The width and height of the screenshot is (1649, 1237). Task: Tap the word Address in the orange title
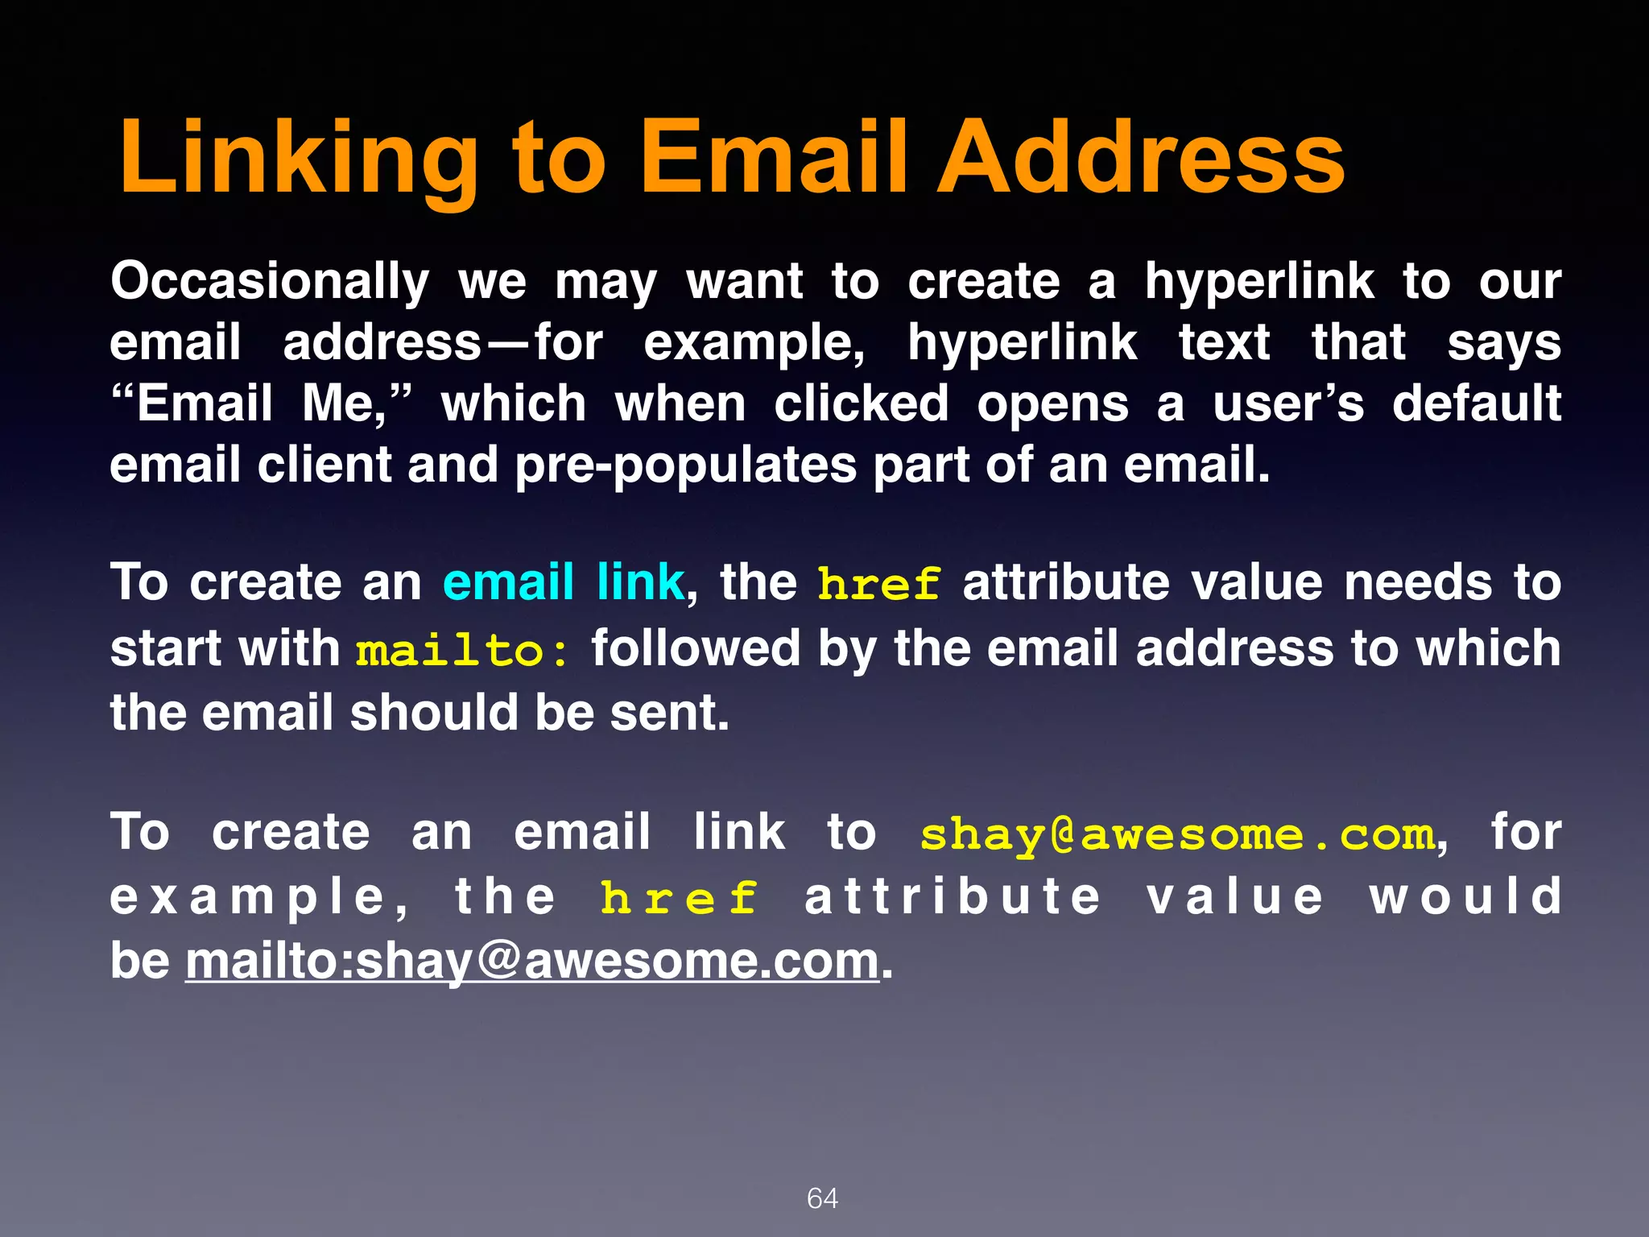[x=1141, y=158]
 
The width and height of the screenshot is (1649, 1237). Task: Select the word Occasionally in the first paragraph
[x=270, y=283]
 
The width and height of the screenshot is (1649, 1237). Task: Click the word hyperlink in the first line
[x=1259, y=283]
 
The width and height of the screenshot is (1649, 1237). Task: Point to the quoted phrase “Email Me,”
[x=262, y=403]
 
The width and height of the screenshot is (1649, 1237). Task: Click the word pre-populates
[x=685, y=466]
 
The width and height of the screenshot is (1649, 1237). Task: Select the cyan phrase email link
[x=563, y=582]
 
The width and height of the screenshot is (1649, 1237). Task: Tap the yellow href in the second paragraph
[x=878, y=584]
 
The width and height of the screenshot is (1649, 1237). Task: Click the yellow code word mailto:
[x=463, y=651]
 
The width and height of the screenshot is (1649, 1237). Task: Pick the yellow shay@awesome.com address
[x=1178, y=835]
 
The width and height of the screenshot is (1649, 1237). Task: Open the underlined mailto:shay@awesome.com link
[x=532, y=962]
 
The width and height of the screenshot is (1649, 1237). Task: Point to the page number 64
[x=822, y=1198]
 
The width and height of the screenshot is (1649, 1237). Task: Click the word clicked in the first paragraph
[x=862, y=403]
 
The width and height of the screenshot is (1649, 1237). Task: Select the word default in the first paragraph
[x=1477, y=403]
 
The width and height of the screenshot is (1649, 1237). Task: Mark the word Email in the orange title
[x=775, y=158]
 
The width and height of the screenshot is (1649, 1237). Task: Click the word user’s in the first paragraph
[x=1288, y=403]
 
